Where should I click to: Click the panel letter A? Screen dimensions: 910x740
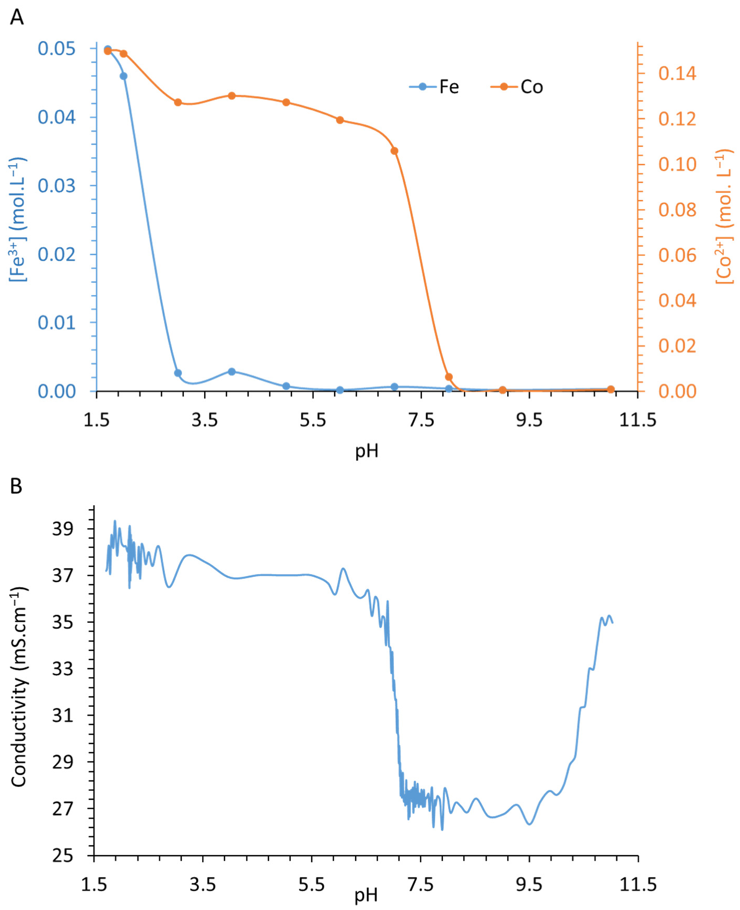click(x=17, y=17)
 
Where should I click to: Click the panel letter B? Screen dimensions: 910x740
click(x=16, y=486)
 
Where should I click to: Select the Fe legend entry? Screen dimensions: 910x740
click(x=434, y=87)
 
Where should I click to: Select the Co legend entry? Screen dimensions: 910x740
click(x=518, y=87)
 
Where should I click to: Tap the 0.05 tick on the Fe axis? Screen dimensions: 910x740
click(x=56, y=49)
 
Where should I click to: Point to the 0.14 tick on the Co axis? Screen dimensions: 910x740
click(x=677, y=73)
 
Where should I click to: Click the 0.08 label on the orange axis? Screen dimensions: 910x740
click(x=677, y=209)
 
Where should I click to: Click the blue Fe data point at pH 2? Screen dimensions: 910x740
click(x=124, y=76)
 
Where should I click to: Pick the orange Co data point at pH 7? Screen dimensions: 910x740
click(x=394, y=151)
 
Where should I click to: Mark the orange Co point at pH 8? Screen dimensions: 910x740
click(x=449, y=377)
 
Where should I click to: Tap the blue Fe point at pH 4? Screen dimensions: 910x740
click(x=232, y=372)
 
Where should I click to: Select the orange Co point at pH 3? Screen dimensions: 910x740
click(x=178, y=102)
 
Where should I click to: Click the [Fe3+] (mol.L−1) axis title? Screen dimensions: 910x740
click(x=17, y=219)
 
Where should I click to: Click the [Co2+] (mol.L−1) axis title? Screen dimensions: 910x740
click(x=724, y=217)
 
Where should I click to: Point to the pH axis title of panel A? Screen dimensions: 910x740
click(x=367, y=450)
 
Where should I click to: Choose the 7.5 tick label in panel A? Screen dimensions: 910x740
click(x=421, y=420)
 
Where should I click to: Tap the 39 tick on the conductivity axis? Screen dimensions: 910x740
click(x=63, y=529)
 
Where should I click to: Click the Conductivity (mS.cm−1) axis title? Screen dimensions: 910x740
click(x=19, y=687)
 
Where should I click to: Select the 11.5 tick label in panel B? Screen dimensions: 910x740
click(x=638, y=884)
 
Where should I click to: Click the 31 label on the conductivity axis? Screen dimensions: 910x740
click(x=63, y=715)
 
